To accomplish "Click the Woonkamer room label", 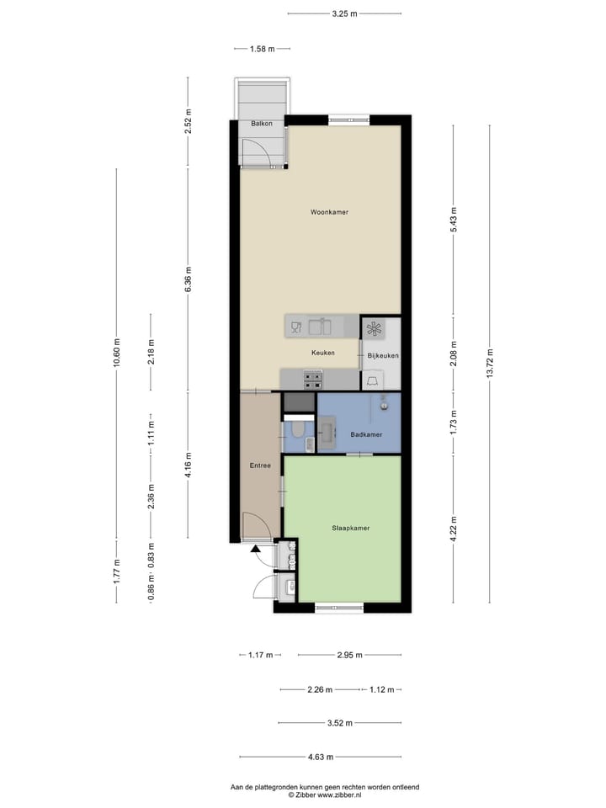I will click(x=329, y=212).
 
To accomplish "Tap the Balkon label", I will click(x=259, y=125).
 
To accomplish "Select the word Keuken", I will click(x=322, y=353).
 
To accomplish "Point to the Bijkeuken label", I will click(x=382, y=356).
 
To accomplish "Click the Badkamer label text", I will click(x=366, y=434).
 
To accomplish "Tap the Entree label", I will click(x=260, y=465).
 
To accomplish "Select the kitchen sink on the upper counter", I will click(x=320, y=326).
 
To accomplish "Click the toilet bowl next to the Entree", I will click(x=296, y=433).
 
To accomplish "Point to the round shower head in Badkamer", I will click(x=384, y=405).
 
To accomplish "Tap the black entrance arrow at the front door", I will click(x=256, y=550).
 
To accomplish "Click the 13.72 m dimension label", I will click(x=490, y=364).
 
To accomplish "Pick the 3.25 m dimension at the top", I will click(x=343, y=13).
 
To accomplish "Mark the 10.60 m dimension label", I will click(x=116, y=363).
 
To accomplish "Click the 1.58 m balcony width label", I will click(x=263, y=49).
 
